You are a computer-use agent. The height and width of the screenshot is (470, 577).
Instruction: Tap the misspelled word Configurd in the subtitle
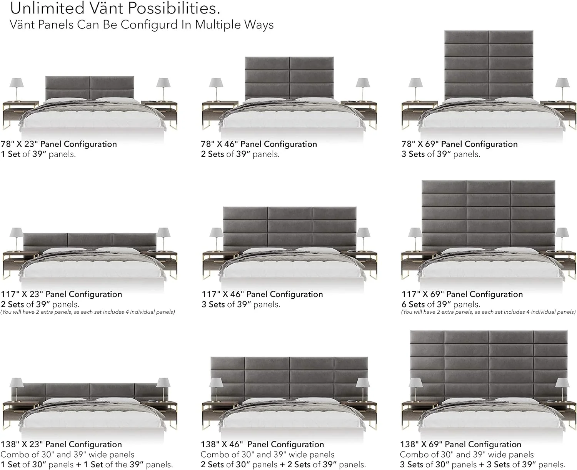click(x=145, y=25)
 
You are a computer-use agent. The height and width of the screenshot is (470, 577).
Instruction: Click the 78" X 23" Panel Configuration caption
click(x=59, y=144)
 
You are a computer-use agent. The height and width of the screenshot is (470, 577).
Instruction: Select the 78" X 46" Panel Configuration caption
click(x=259, y=144)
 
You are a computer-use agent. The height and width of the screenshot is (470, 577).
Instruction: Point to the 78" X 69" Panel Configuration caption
click(x=459, y=144)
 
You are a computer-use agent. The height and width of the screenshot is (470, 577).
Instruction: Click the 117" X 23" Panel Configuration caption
click(x=62, y=294)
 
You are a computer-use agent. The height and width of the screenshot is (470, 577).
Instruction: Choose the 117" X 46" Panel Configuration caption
click(x=262, y=294)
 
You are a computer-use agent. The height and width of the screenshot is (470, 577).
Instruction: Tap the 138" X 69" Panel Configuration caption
click(x=460, y=444)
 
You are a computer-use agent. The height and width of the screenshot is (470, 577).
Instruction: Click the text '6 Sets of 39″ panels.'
click(x=440, y=304)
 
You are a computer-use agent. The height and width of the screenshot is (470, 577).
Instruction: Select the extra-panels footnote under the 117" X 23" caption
click(x=88, y=312)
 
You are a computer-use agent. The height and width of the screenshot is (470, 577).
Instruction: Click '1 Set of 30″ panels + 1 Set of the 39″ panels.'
click(x=87, y=465)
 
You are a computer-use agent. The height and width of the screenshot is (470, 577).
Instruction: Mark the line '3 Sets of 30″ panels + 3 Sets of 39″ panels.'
click(x=482, y=465)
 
